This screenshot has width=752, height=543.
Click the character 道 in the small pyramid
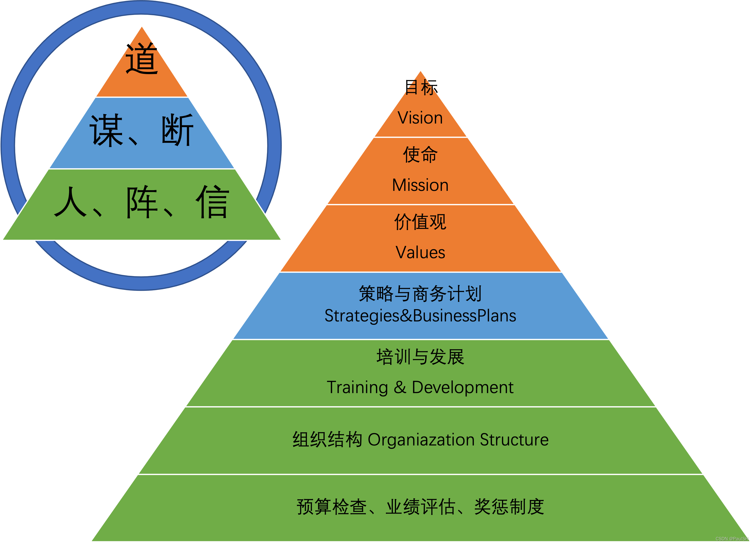[x=142, y=59]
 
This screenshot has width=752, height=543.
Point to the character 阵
[x=142, y=202]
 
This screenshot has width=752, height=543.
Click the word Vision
[x=420, y=118]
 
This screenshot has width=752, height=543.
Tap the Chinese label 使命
[x=420, y=155]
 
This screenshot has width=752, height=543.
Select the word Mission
[x=420, y=185]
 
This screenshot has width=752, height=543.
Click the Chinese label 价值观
[x=420, y=222]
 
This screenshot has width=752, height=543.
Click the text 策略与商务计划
[x=420, y=294]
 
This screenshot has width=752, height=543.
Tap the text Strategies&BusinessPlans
[x=420, y=315]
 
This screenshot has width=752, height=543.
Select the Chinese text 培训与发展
[x=420, y=357]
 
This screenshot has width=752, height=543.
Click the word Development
[x=462, y=387]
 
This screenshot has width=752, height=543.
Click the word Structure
[x=514, y=440]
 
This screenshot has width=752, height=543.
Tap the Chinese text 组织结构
[x=327, y=440]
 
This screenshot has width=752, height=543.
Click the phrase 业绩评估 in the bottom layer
[x=420, y=507]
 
